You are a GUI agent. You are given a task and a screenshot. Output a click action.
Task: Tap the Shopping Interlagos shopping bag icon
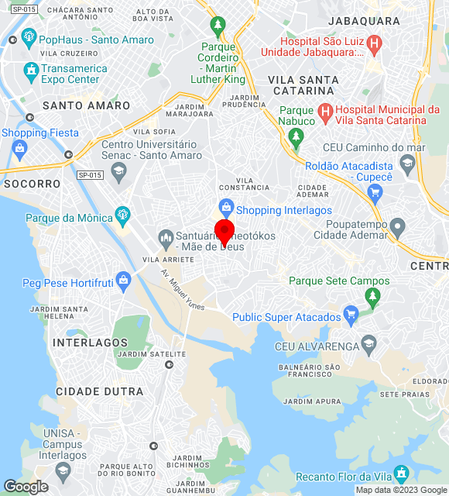[226, 207]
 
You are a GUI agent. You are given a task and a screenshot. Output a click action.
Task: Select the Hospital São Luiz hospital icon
[375, 46]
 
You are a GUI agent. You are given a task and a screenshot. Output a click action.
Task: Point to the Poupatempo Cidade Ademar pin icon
[397, 228]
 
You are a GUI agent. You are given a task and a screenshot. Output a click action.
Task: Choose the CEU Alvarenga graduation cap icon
[369, 344]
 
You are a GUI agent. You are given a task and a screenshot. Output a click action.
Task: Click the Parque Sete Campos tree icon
[373, 295]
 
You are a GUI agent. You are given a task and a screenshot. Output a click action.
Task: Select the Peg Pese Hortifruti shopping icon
[122, 280]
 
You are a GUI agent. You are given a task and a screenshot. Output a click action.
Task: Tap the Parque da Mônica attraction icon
[122, 215]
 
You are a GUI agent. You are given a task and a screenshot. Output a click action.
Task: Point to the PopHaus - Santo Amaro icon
[29, 37]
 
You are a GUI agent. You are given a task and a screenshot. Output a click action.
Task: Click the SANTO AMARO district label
[86, 105]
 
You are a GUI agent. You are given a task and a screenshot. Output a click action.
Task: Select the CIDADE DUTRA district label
[100, 391]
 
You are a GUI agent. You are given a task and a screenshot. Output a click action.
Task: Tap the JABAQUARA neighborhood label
[363, 21]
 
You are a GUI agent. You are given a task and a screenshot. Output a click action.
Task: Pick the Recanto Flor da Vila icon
[401, 472]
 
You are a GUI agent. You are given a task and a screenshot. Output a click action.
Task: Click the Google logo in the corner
[26, 487]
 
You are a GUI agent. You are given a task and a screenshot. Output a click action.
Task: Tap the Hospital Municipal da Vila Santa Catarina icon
[326, 114]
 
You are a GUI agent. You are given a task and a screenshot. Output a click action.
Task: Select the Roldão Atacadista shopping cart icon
[407, 162]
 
